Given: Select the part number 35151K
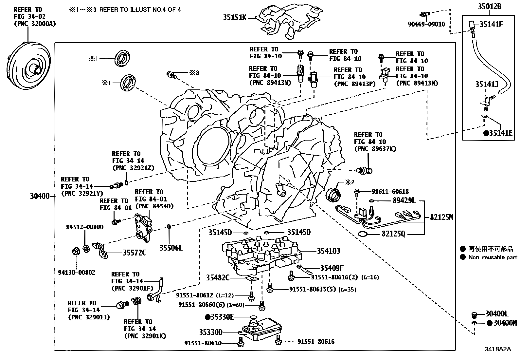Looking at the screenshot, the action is click(x=235, y=17).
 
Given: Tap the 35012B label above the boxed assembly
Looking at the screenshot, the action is click(x=490, y=7).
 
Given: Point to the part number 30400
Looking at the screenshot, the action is click(x=40, y=196).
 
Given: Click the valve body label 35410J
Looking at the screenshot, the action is click(x=329, y=251).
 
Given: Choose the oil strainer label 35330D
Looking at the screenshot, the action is click(x=211, y=332).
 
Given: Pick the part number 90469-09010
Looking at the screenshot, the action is click(x=426, y=24).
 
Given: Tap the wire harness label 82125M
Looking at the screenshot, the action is click(x=441, y=217).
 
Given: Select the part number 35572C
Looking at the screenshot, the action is click(x=135, y=253).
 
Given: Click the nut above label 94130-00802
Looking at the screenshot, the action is click(x=76, y=251).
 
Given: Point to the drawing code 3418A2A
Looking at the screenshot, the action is click(x=498, y=349).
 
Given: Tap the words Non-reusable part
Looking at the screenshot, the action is click(x=493, y=257).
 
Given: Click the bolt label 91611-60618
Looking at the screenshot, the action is click(x=390, y=192).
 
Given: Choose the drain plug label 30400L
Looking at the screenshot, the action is click(x=497, y=314).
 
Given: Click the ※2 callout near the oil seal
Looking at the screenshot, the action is click(x=350, y=182).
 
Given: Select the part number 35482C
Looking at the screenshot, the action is click(x=218, y=278).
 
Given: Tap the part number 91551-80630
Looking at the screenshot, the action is click(x=203, y=343).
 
